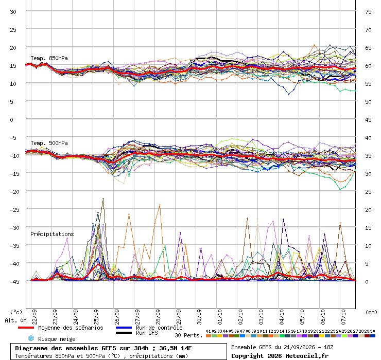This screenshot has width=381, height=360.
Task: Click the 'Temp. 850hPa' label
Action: (49, 58)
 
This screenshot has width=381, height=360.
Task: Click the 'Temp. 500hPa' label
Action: (49, 143)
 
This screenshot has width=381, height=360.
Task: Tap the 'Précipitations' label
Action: (52, 234)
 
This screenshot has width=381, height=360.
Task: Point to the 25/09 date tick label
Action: (96, 317)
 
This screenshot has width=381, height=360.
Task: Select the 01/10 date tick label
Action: (220, 317)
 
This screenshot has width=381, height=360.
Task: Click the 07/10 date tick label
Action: (343, 317)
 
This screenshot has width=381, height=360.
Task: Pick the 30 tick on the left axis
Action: (13, 12)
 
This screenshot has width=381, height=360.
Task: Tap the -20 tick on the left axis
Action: (14, 192)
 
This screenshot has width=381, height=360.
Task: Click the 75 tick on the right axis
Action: (368, 12)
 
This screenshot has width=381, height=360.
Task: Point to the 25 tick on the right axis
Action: (368, 192)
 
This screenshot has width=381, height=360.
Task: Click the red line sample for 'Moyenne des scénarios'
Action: (26, 328)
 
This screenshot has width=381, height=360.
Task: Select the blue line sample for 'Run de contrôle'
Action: (124, 328)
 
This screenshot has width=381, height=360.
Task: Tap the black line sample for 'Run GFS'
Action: (124, 333)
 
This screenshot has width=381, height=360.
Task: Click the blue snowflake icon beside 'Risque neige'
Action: (31, 338)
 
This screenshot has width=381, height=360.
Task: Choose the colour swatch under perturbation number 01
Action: (208, 336)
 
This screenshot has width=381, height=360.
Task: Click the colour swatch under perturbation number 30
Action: (372, 336)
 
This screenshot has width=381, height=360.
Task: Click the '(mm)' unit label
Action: (371, 312)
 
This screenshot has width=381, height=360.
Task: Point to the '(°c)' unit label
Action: (16, 312)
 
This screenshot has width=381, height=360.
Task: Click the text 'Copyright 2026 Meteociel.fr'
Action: (280, 356)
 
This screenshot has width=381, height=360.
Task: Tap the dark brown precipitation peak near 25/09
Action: (103, 199)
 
